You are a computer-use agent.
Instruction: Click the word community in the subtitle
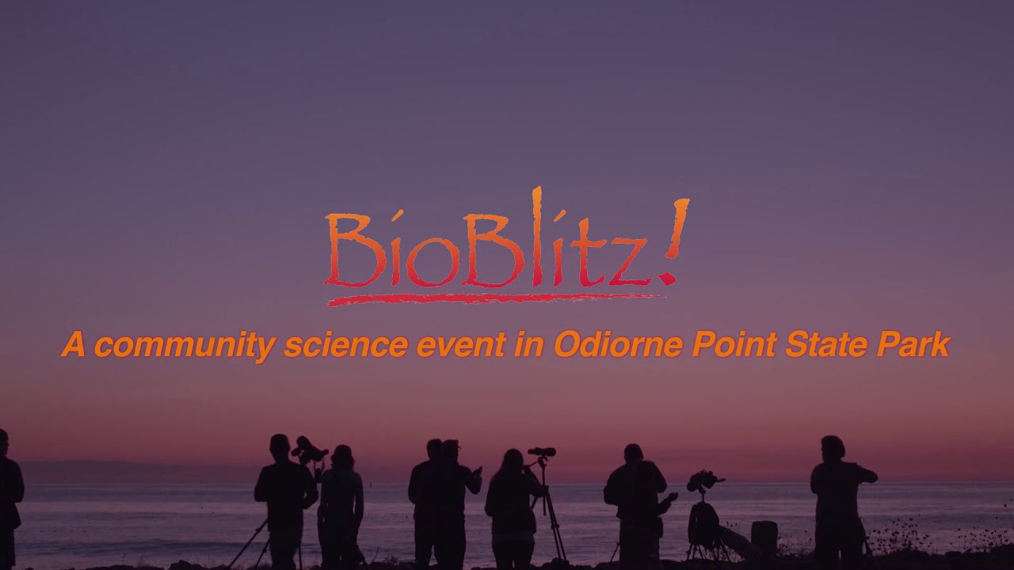185,346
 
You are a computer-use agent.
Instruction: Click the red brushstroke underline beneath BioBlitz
491,299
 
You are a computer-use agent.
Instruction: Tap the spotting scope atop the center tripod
542,452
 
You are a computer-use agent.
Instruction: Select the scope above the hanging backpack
703,480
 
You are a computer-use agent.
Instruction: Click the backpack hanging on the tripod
703,522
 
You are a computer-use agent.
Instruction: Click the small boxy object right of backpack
764,537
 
